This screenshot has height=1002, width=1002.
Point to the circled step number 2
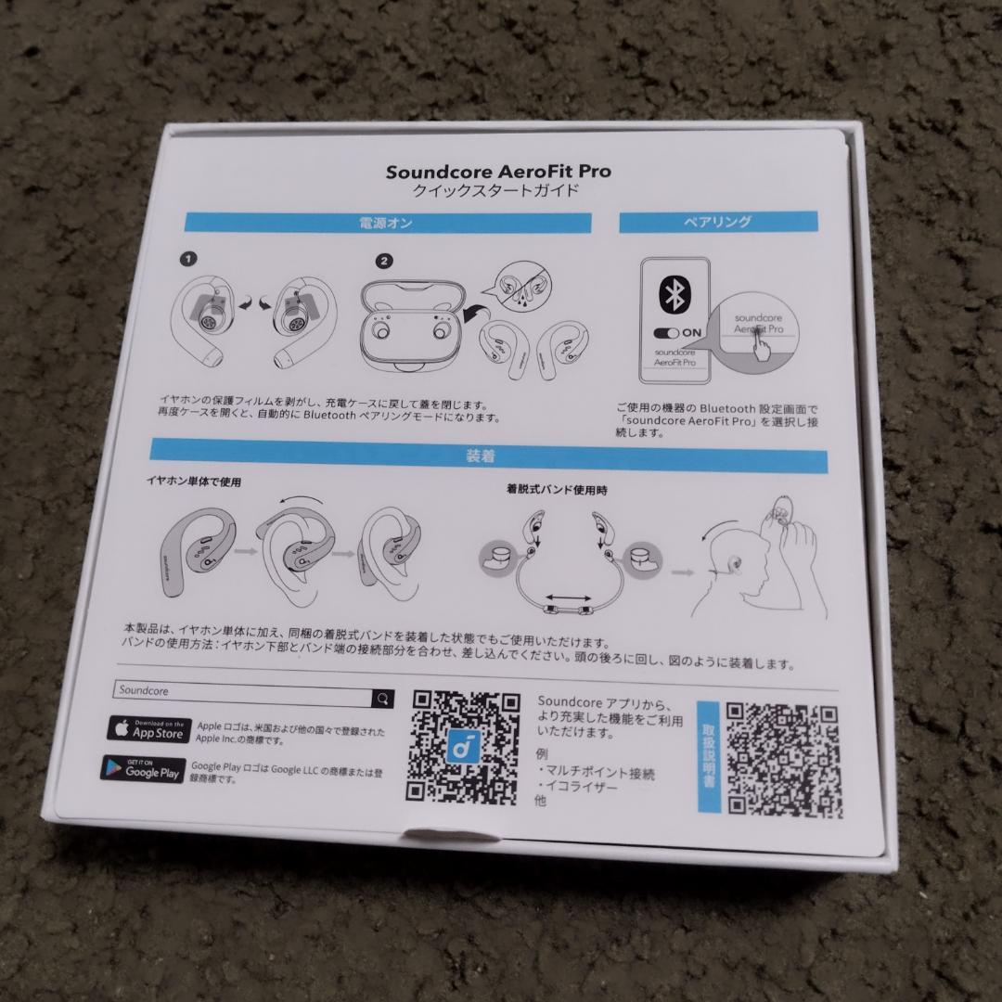[385, 263]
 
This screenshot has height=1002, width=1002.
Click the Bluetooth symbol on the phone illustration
[673, 295]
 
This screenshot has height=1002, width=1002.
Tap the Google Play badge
[142, 768]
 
